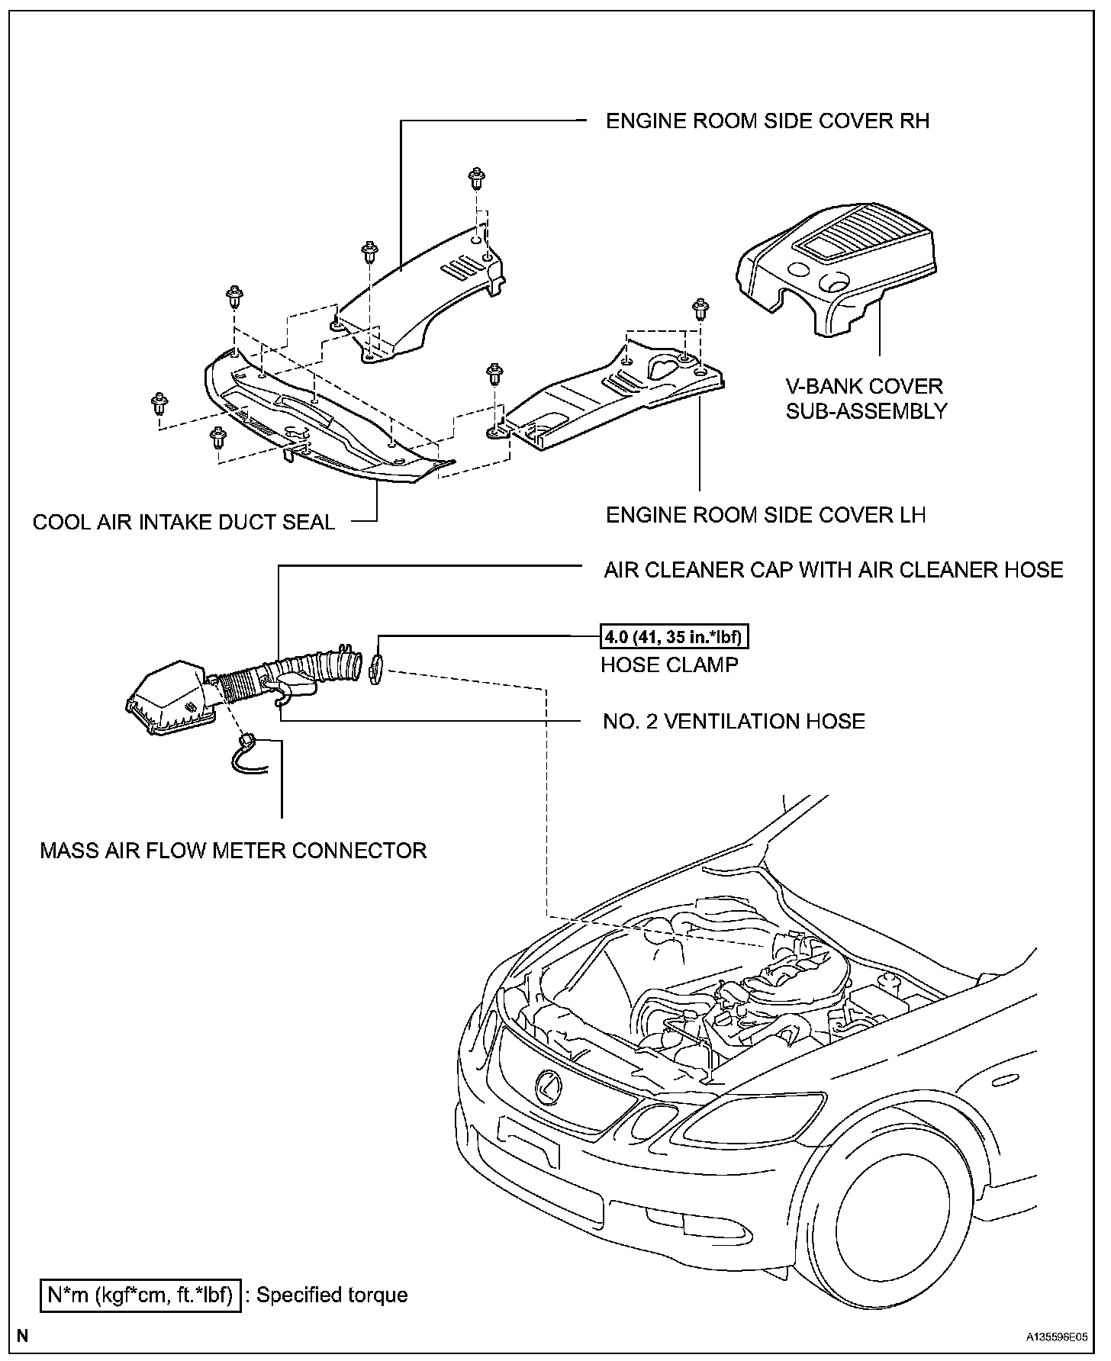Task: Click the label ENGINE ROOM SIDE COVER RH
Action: coord(767,121)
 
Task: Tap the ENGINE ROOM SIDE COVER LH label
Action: coord(765,515)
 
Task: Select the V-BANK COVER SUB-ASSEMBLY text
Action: coord(866,398)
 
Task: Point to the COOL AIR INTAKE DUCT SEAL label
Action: coord(184,523)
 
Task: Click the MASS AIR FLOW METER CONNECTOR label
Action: coord(233,851)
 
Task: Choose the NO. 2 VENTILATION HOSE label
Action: coord(733,722)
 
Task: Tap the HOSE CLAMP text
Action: coord(669,665)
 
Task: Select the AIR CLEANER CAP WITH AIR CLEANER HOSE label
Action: coord(833,570)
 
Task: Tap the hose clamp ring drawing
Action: coord(375,667)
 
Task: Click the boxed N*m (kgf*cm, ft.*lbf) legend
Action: coord(141,1295)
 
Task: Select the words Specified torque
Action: coord(332,1295)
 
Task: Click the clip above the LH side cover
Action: coord(699,308)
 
